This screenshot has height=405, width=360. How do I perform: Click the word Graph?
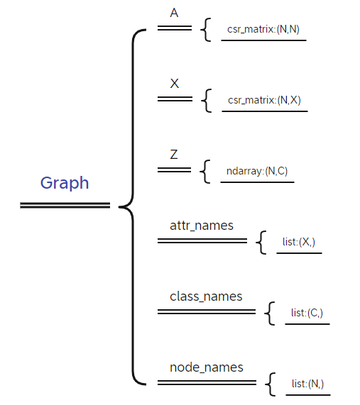click(65, 183)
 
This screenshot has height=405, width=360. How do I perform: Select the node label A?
click(175, 13)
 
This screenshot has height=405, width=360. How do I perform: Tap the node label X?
click(175, 84)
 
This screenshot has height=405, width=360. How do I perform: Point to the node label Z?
click(174, 155)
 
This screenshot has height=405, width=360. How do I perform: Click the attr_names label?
click(202, 226)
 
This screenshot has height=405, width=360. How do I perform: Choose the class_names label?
click(206, 296)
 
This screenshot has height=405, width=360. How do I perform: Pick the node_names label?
click(207, 367)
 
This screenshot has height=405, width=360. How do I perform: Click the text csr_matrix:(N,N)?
click(263, 30)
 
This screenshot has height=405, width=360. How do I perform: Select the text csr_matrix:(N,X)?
click(264, 100)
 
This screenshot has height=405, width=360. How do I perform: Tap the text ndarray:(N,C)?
click(257, 171)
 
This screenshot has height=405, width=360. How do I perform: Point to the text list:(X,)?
click(299, 242)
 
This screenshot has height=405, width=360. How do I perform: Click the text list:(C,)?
click(307, 313)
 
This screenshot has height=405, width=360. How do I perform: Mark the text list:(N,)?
click(307, 384)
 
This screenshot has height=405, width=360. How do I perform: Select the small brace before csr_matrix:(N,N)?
click(206, 30)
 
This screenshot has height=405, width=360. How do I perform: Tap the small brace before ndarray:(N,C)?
click(206, 172)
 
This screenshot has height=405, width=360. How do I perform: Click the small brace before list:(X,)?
click(261, 243)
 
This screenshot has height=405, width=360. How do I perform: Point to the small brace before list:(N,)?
click(270, 384)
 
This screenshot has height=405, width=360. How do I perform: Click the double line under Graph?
click(65, 206)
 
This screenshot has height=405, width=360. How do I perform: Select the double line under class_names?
click(206, 311)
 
